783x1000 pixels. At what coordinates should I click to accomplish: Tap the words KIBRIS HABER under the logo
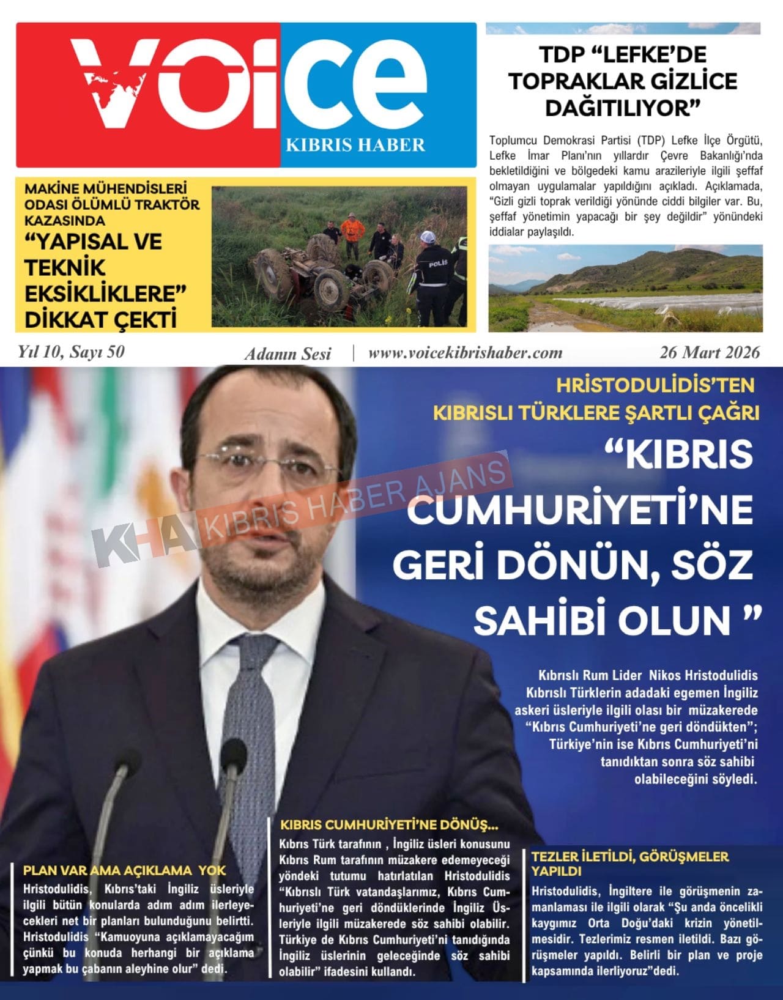pyautogui.click(x=355, y=145)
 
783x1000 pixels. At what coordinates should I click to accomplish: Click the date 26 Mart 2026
pyautogui.click(x=710, y=352)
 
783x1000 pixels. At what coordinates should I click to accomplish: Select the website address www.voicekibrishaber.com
pyautogui.click(x=465, y=353)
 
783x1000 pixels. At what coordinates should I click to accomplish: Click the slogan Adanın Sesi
pyautogui.click(x=288, y=354)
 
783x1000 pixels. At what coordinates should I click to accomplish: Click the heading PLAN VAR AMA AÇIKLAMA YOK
pyautogui.click(x=124, y=870)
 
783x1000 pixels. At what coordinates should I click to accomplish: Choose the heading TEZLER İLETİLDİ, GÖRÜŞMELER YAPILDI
pyautogui.click(x=629, y=863)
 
